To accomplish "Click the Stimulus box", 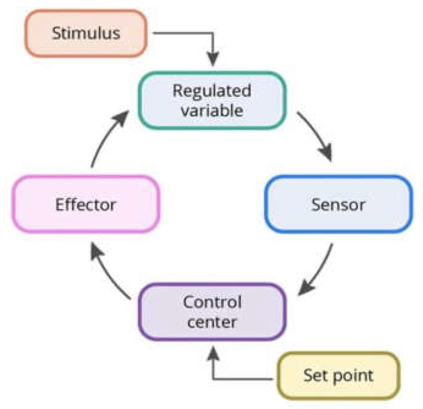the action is coord(86,33).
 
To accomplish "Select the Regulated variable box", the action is coord(212,100).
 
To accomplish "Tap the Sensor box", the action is coord(339,204).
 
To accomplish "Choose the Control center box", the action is coord(212,312).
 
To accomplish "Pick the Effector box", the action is coord(86,204).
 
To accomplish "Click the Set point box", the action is coord(339,376).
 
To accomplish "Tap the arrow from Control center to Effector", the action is coord(108,273).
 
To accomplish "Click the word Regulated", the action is coord(212,91).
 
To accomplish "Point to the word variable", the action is coord(212,111).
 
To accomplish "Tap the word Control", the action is coord(212,302).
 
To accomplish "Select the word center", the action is coord(212,322).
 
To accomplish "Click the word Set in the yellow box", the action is coord(316,375).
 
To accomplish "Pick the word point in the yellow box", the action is coord(353,377).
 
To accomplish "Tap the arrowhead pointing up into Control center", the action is coord(213,353).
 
